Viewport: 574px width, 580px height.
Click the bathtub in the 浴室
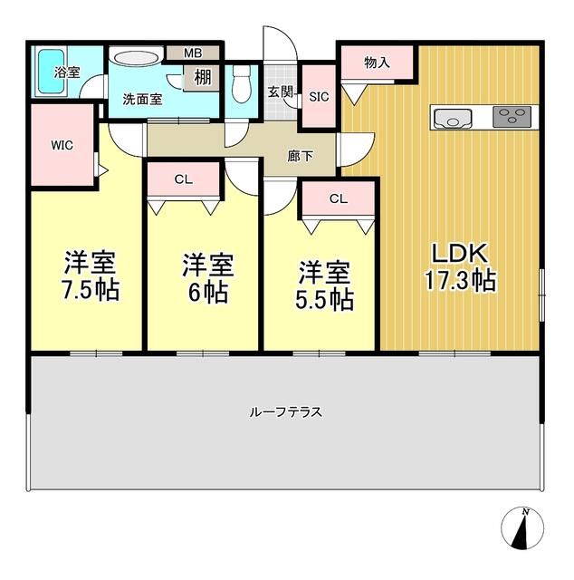[53, 72]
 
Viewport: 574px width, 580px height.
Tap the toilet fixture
[241, 84]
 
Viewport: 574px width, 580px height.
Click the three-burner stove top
[512, 117]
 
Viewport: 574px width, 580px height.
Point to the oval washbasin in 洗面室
[136, 58]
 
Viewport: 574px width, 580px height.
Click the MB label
[193, 53]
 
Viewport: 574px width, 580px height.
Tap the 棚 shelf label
[203, 78]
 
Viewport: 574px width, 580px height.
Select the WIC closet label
[62, 145]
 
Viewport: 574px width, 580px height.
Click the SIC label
[319, 97]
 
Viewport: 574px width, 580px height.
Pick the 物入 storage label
[377, 63]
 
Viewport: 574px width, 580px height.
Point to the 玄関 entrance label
[281, 92]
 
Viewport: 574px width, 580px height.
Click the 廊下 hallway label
[300, 156]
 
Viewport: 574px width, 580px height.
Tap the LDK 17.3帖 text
[460, 267]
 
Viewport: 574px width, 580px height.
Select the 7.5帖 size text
[91, 290]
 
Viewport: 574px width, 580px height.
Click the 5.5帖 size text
[324, 299]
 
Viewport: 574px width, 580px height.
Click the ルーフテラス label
[286, 411]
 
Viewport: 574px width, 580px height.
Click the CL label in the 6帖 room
[184, 179]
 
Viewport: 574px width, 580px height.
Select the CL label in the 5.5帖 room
[339, 199]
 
